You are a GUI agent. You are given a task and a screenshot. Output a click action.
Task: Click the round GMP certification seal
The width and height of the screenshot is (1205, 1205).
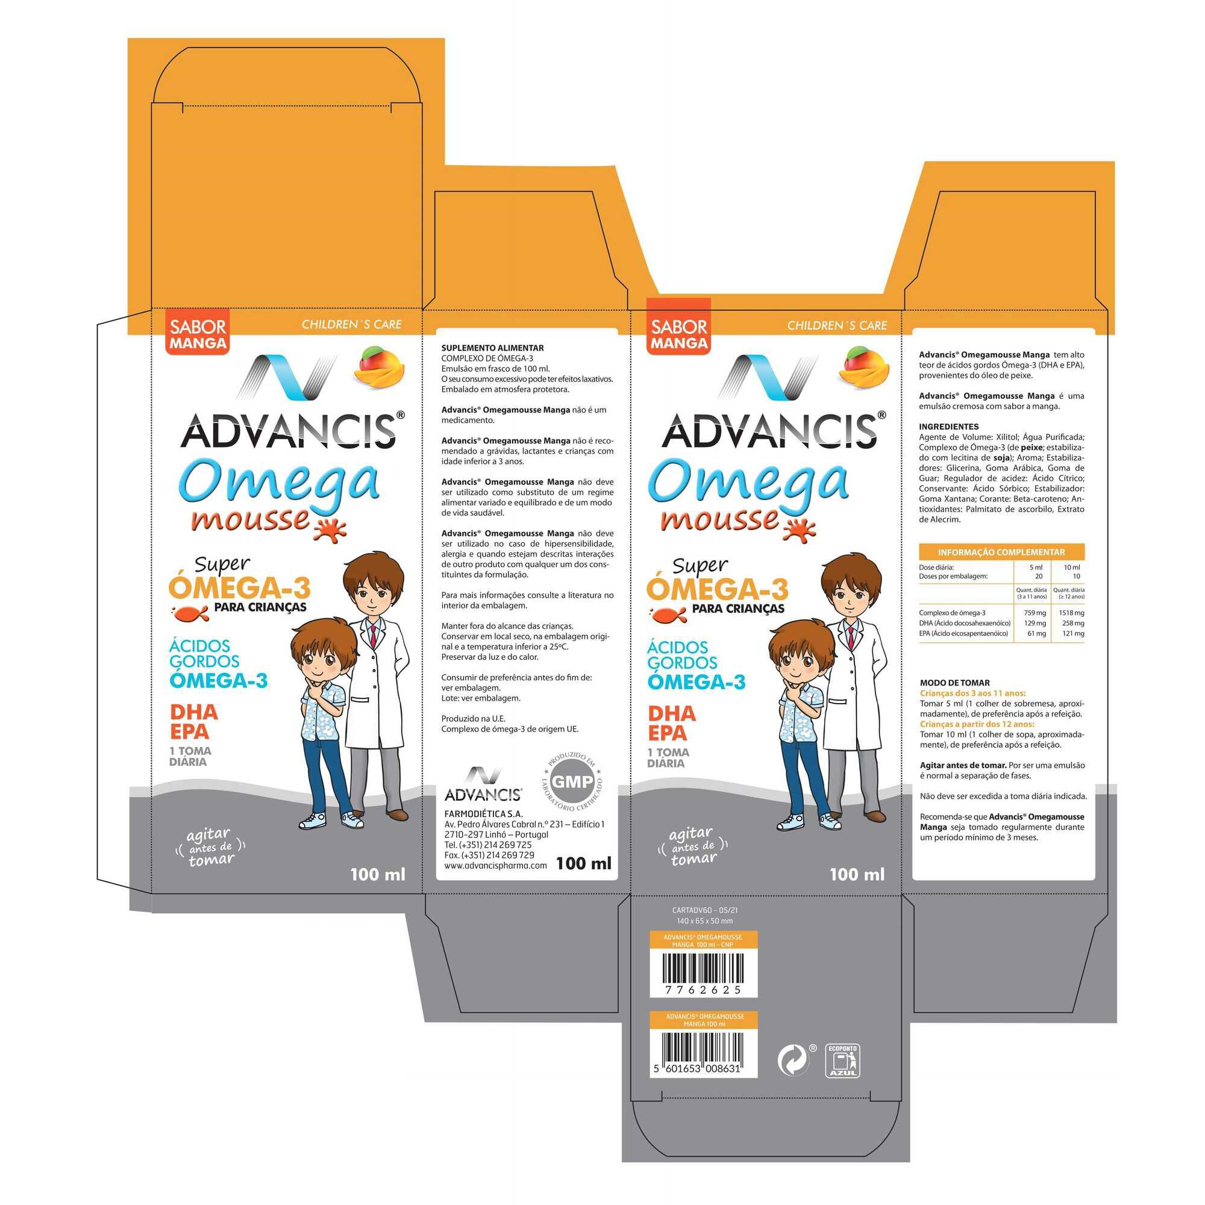coord(572,781)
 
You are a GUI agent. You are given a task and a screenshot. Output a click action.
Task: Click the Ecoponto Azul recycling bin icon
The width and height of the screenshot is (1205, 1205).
coord(842,1060)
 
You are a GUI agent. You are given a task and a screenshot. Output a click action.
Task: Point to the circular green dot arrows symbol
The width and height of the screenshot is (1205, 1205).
coord(795,1061)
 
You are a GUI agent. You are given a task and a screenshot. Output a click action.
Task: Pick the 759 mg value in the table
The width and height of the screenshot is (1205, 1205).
coord(1035,613)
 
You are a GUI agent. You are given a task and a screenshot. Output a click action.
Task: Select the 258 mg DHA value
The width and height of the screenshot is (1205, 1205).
coord(1074,623)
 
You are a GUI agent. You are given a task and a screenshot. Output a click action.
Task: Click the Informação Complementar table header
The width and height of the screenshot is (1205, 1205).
coord(1001,552)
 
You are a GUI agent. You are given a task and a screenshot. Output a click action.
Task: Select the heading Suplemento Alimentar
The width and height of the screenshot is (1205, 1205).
coord(492,348)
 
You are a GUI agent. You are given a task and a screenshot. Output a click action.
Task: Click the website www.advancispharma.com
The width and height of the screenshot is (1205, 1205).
coord(495,866)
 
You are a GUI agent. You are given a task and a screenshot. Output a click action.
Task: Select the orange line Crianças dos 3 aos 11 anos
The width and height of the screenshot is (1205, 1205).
coord(972,693)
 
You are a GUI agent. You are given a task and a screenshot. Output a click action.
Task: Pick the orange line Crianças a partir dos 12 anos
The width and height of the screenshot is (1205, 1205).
coord(977,724)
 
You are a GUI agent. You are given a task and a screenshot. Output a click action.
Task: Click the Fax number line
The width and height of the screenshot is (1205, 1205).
coord(489,855)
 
